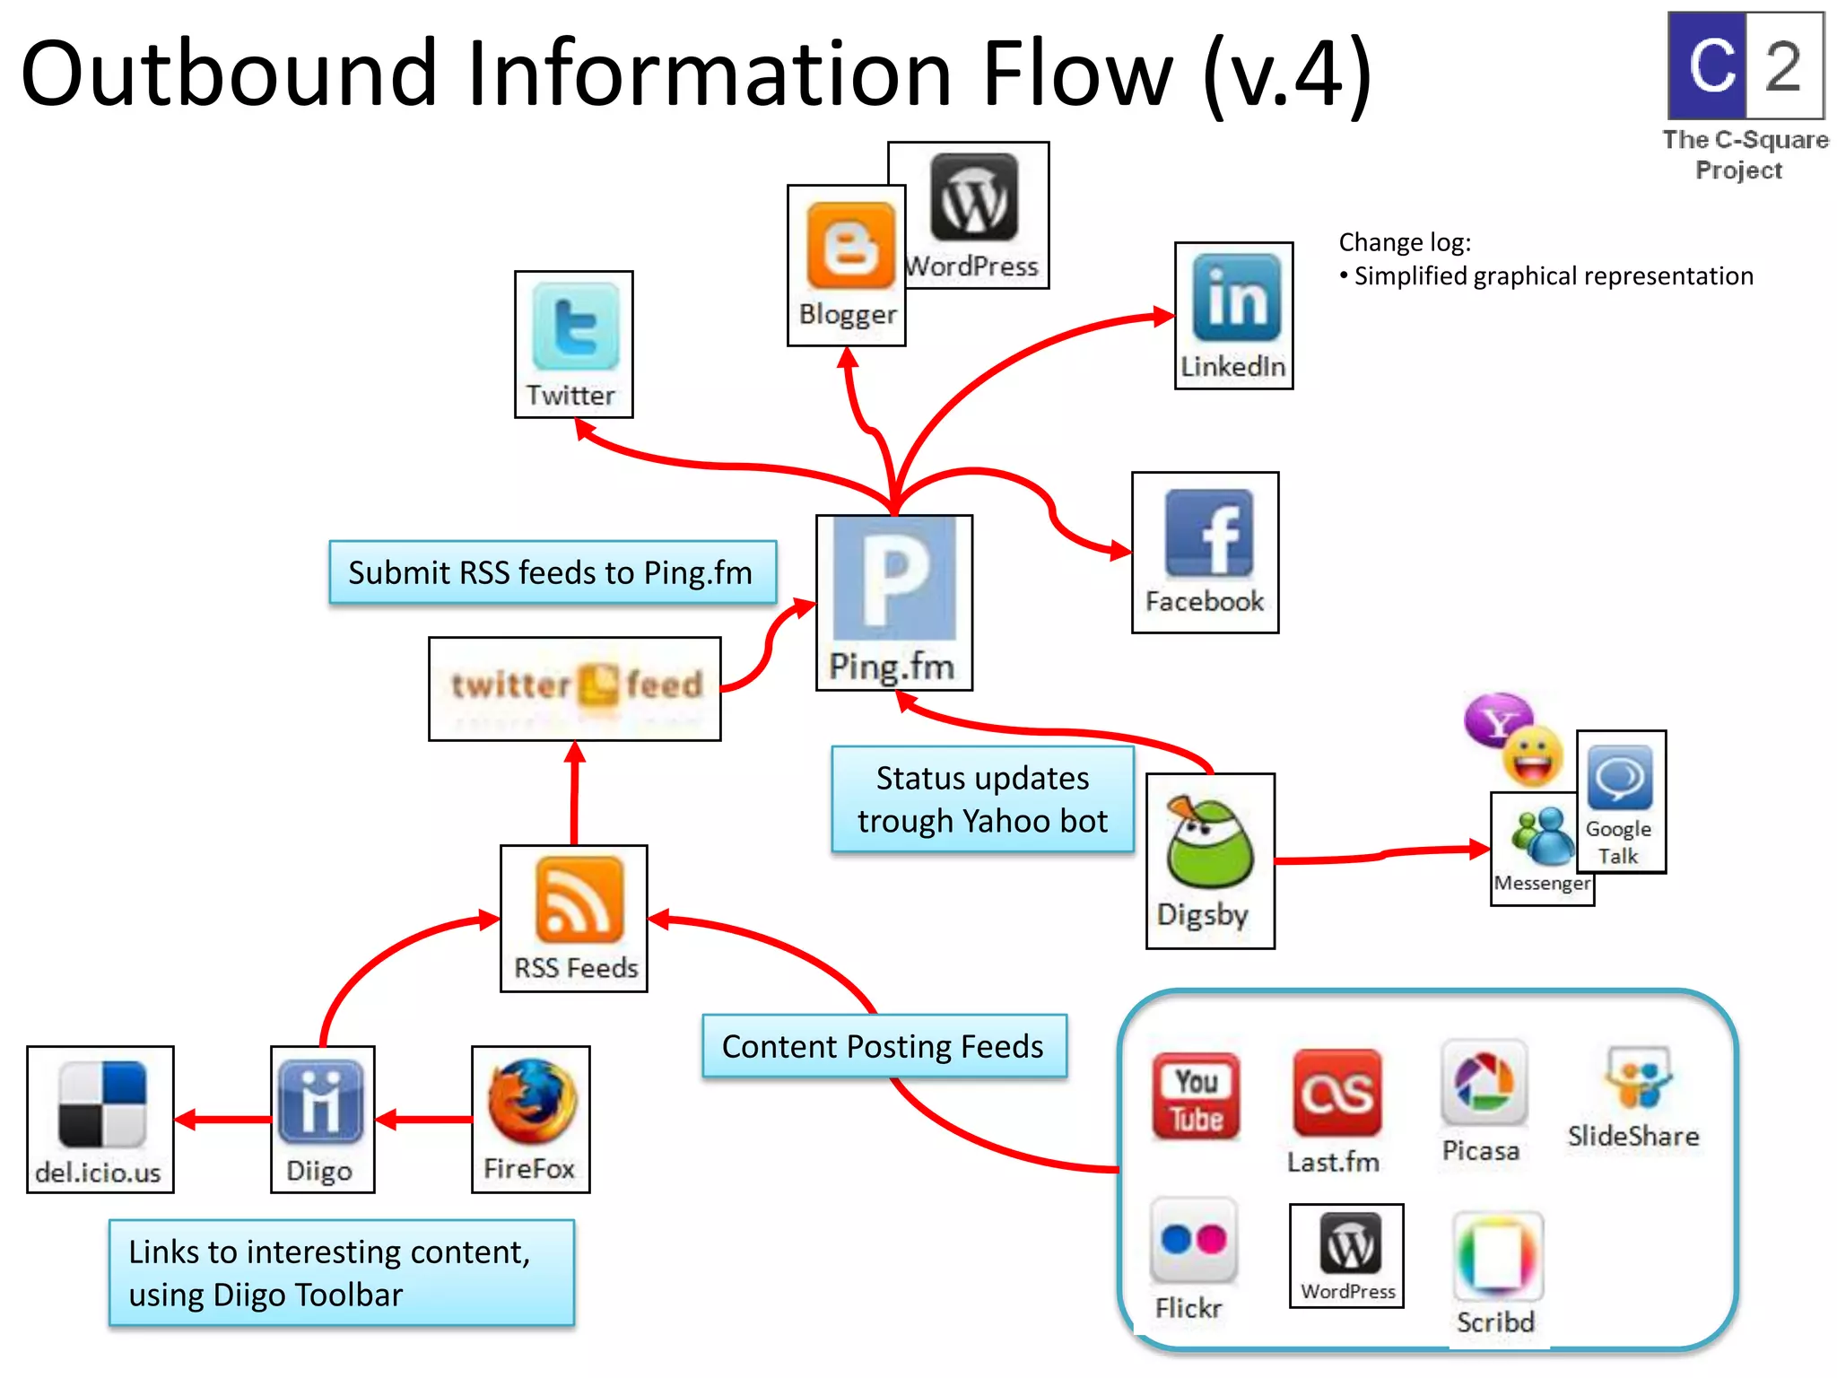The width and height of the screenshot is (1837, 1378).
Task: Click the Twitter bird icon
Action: point(575,327)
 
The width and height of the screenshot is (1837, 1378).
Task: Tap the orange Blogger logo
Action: point(850,245)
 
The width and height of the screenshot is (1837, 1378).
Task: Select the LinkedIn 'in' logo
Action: point(1236,298)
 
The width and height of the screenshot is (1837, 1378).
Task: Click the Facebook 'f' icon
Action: point(1208,533)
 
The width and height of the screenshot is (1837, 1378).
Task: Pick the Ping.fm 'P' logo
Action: point(894,578)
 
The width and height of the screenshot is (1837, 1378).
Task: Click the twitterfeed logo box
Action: point(575,688)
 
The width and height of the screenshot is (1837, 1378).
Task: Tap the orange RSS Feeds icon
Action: point(579,900)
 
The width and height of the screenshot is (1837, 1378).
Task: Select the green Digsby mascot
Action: point(1208,844)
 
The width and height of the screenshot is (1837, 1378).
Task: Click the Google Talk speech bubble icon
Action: point(1619,778)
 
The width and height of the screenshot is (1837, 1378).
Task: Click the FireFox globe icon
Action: point(532,1103)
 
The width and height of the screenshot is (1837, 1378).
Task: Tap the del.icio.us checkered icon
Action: point(101,1105)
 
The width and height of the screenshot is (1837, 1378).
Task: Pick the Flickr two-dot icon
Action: point(1193,1241)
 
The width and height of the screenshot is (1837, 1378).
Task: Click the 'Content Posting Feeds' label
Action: point(884,1046)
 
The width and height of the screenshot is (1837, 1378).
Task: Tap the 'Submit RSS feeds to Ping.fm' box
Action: point(552,572)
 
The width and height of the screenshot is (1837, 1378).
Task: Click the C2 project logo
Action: point(1745,65)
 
